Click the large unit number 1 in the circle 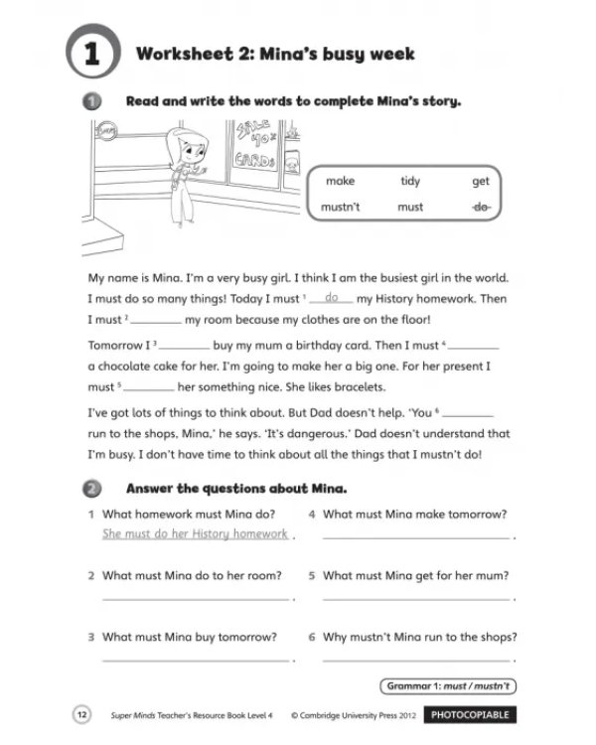[x=91, y=54]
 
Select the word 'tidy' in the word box [x=410, y=181]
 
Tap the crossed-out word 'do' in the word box [x=481, y=207]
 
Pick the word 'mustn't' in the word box [x=341, y=207]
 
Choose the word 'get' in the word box [x=481, y=182]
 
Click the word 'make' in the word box [x=341, y=181]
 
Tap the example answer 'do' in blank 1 [x=331, y=297]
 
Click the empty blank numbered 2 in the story [x=156, y=323]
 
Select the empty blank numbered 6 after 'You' [x=468, y=416]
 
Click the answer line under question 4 [x=416, y=538]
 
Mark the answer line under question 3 [x=196, y=661]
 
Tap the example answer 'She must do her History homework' [x=196, y=534]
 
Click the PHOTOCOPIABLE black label [x=470, y=715]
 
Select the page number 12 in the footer [x=81, y=714]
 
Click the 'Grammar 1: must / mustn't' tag [x=448, y=686]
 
